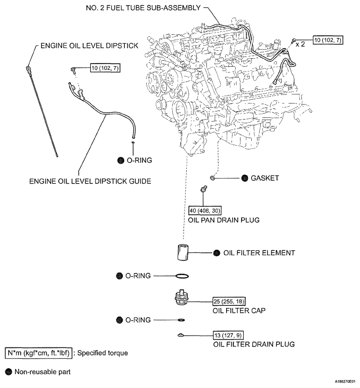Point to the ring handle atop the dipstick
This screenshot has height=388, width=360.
[x=27, y=68]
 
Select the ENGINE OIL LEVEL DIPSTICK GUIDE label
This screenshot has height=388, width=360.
[x=90, y=181]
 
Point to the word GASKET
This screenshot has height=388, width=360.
[x=265, y=178]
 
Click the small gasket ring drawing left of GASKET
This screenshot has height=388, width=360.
[x=213, y=178]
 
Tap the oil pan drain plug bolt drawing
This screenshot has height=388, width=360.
[x=203, y=189]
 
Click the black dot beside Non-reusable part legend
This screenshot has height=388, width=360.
[x=8, y=371]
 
